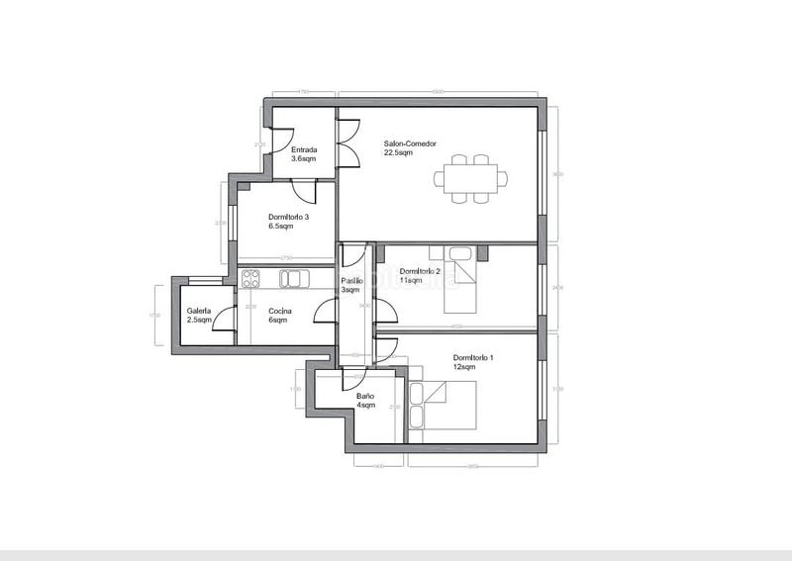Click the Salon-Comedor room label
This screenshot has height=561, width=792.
point(410,143)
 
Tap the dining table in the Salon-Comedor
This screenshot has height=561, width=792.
point(471,179)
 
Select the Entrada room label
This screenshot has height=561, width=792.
point(304,150)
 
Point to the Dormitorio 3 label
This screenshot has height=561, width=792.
point(288,218)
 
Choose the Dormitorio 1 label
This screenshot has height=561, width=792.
point(473,357)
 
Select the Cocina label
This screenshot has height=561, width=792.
point(279,312)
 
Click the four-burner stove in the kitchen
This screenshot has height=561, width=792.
point(250,279)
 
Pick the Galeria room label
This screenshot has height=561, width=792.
point(199,312)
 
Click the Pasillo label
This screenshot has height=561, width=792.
point(351,282)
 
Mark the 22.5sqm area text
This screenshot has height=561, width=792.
point(399,152)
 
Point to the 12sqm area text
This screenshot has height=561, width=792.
point(465,366)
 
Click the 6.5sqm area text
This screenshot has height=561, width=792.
point(281,227)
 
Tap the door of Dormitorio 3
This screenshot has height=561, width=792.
point(307,192)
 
